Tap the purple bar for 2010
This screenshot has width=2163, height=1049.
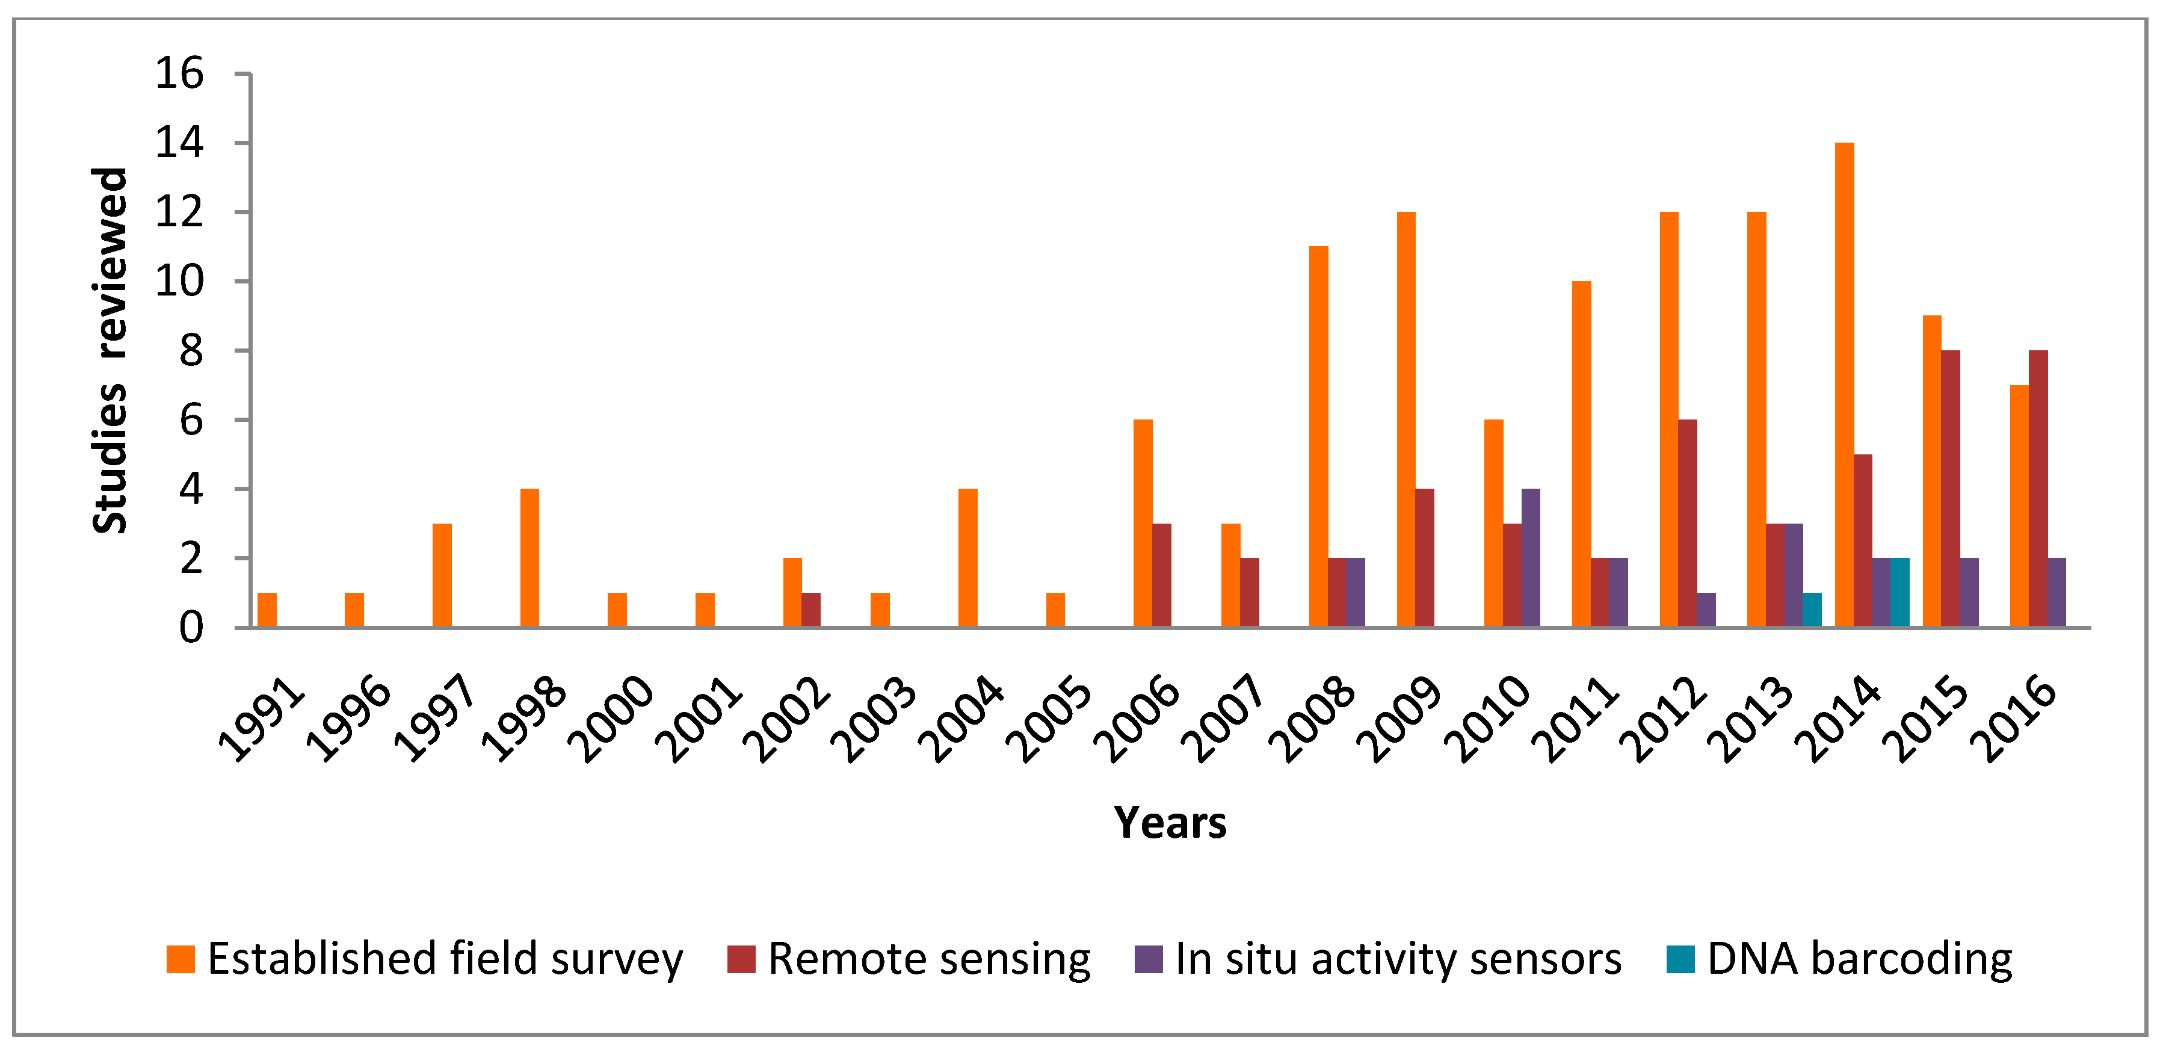[1531, 558]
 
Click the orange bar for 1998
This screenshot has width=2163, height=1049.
[530, 558]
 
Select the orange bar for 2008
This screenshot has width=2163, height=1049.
[1318, 437]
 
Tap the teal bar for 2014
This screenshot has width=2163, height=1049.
[1899, 592]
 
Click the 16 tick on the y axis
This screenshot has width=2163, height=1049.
[179, 74]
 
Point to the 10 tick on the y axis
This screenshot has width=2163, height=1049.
[179, 281]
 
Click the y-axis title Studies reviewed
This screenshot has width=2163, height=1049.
[110, 350]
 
